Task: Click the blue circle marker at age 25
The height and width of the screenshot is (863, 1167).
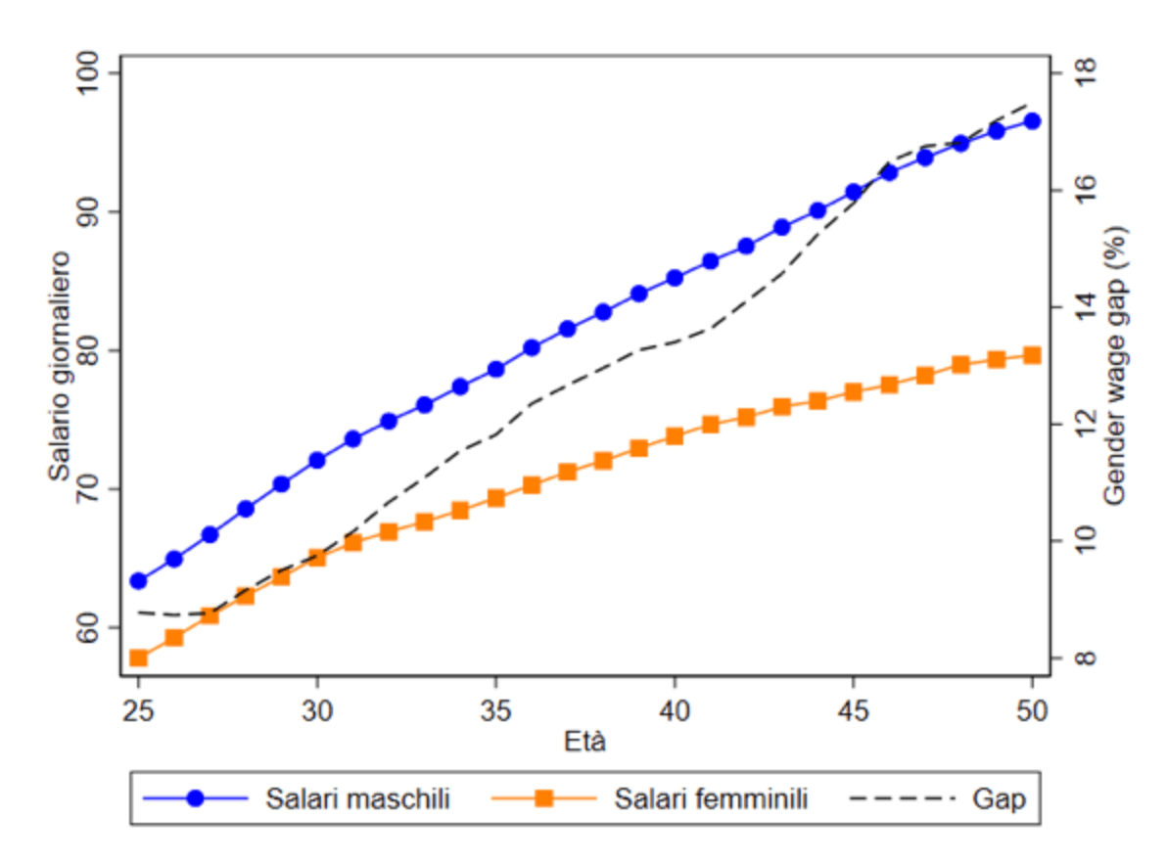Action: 138,581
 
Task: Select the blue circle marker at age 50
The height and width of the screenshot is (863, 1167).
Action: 1032,121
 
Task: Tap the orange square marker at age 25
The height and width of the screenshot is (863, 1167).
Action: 138,658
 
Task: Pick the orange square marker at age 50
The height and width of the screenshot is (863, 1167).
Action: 1032,355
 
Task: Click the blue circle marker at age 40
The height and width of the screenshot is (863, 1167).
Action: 675,278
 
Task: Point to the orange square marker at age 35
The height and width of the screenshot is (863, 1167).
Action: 495,498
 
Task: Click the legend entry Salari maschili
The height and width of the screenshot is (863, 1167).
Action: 357,799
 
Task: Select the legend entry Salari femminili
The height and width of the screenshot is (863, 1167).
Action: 711,799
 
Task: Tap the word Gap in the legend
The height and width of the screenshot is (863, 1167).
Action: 999,799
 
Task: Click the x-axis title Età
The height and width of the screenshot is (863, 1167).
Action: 585,742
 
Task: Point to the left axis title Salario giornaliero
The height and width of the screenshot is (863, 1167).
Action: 61,366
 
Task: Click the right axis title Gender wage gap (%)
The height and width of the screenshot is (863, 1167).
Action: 1114,366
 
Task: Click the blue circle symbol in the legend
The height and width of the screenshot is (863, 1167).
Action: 195,799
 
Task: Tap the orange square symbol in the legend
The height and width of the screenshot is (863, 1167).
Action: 545,799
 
